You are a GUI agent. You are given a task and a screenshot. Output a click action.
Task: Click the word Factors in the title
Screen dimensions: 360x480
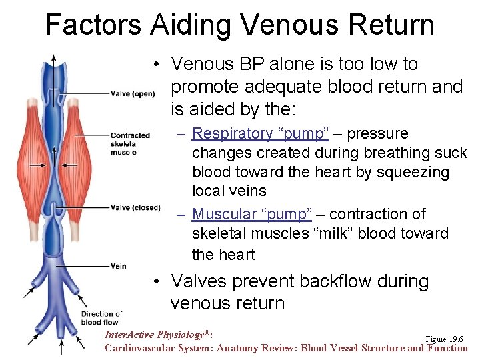coord(93,25)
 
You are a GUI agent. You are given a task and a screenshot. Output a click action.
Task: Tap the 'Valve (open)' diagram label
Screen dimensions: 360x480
coord(132,93)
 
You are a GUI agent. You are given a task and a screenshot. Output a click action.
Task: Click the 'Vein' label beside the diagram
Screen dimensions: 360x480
coord(118,266)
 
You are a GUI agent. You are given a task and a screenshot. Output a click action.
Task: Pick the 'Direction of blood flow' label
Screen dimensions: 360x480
coord(101,318)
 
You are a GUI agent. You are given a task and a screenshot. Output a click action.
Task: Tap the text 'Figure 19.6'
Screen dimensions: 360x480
coord(443,339)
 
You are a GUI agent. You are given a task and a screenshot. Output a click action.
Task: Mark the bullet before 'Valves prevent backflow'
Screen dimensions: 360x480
coord(154,282)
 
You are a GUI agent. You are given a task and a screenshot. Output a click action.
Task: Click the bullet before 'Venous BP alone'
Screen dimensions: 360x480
coord(154,65)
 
